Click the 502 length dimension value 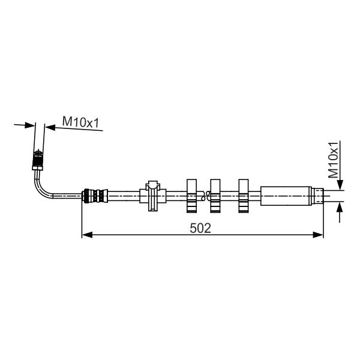[200, 229]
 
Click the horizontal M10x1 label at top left [80, 122]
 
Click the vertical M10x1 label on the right [333, 160]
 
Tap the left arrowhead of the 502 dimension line [87, 235]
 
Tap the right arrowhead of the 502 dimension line [318, 235]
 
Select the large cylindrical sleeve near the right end [286, 196]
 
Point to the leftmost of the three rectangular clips [192, 196]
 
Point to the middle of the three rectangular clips [215, 196]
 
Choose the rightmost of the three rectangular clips [244, 196]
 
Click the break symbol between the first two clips [205, 196]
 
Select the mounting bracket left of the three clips [152, 196]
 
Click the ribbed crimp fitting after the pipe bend [95, 196]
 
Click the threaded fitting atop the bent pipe [38, 158]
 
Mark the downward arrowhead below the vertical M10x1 [340, 185]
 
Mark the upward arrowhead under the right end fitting [340, 208]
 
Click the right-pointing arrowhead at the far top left [30, 125]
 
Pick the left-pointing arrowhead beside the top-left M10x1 [50, 127]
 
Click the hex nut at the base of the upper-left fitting [37, 169]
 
